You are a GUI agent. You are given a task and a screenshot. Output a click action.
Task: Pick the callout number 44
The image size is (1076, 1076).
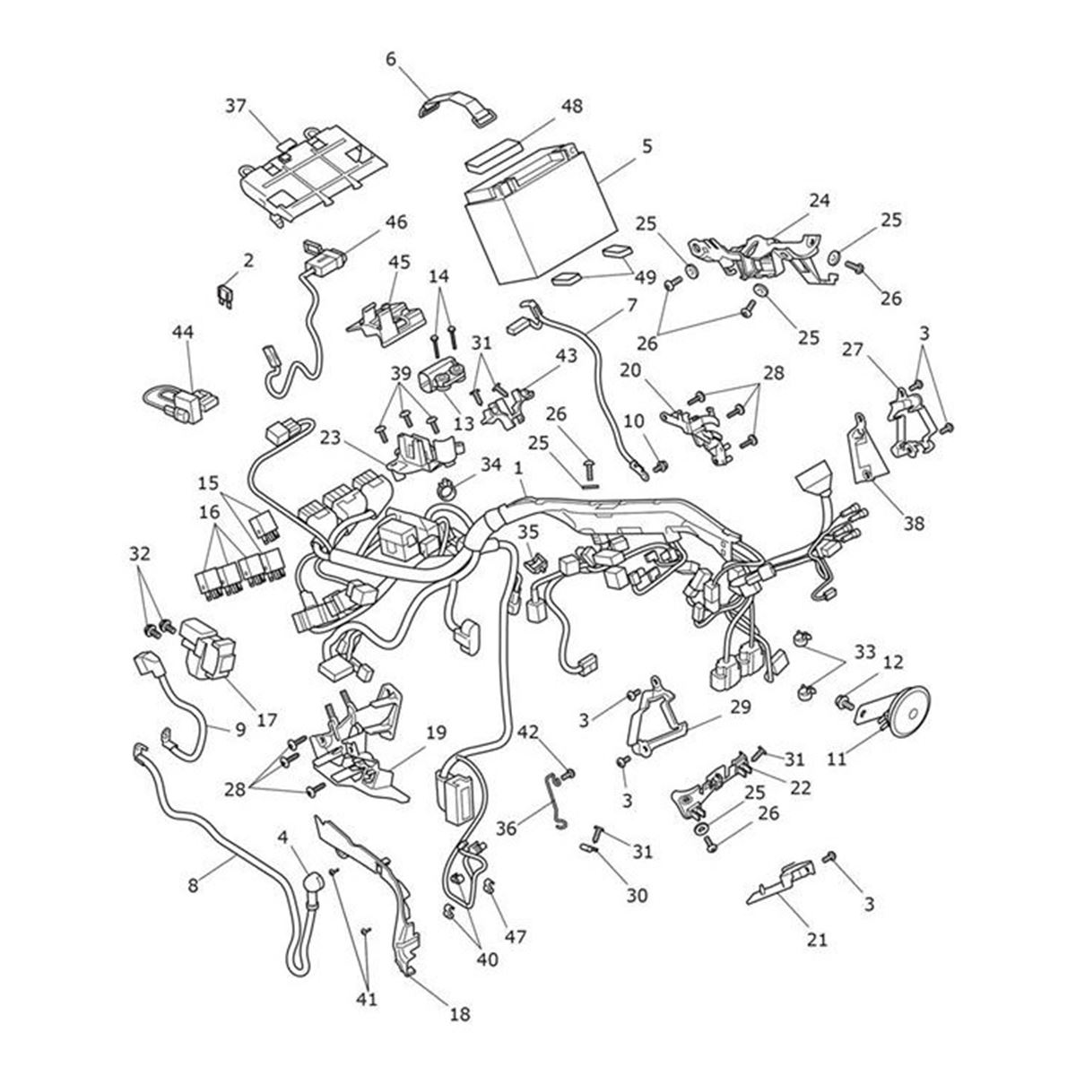coord(183,333)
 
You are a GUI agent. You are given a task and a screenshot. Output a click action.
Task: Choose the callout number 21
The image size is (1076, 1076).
coord(818,940)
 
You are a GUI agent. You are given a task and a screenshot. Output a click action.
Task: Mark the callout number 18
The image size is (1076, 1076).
coord(458,1014)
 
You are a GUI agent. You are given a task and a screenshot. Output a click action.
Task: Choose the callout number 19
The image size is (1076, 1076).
coord(436,732)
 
